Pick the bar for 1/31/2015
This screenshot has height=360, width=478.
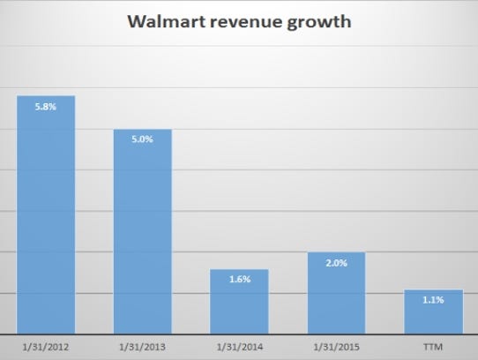(335, 293)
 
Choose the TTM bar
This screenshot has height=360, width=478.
(432, 311)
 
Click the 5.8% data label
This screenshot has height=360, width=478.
(46, 107)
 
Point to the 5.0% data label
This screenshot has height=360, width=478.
(142, 140)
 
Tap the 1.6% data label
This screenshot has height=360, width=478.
(239, 280)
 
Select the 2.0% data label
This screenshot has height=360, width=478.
(335, 263)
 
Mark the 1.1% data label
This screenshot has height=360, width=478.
(432, 300)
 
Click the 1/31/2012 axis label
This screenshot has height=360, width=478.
(46, 344)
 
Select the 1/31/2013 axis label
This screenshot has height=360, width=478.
(142, 344)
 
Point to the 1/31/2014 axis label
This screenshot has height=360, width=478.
(239, 344)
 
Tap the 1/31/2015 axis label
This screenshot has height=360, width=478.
(335, 344)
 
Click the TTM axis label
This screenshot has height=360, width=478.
(432, 344)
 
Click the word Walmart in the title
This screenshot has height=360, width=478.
(166, 21)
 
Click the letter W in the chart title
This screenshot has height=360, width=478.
(137, 21)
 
